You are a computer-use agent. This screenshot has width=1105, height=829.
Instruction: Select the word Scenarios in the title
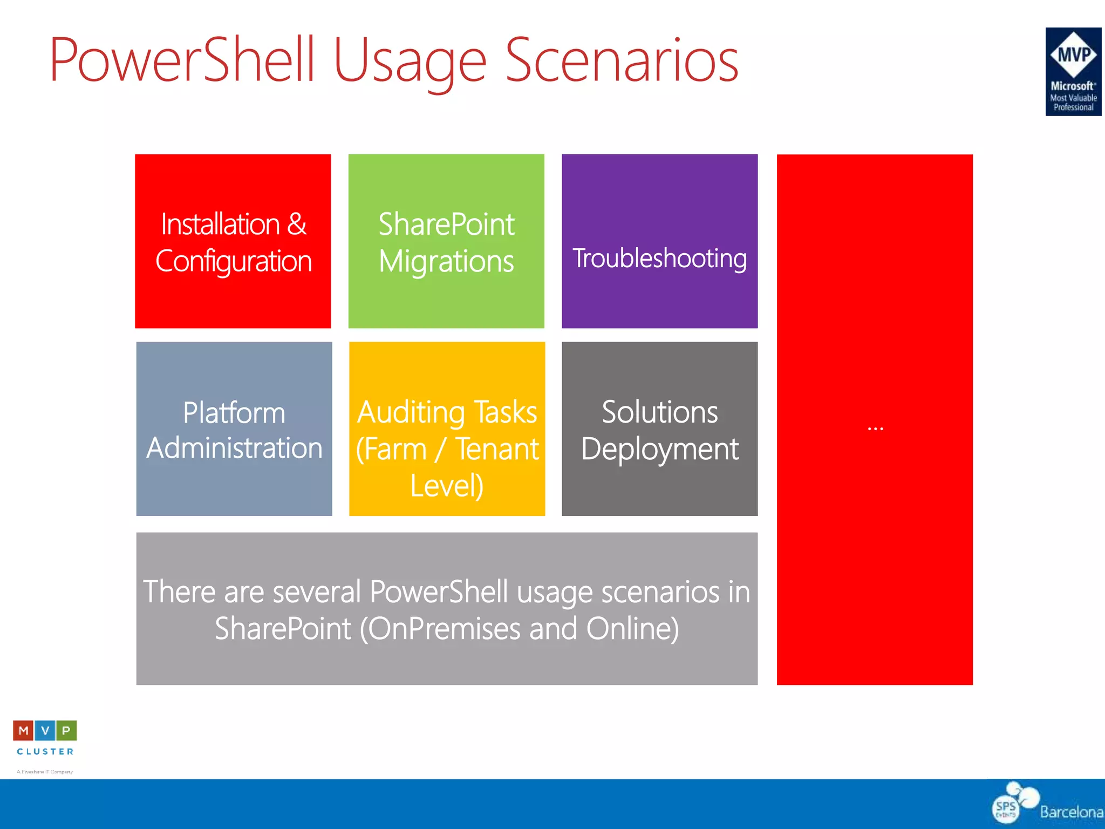622,60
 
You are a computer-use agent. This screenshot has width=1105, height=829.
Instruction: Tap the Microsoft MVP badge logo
1073,71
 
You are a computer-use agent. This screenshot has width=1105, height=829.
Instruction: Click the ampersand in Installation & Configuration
297,224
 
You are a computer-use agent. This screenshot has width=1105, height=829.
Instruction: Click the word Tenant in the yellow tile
497,449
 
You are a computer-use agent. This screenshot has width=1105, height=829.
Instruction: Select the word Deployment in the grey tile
659,449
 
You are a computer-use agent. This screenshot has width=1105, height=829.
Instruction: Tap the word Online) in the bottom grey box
632,629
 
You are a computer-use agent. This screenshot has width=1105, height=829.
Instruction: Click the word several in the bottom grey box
317,592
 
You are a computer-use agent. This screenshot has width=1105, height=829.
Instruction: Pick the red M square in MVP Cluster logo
23,731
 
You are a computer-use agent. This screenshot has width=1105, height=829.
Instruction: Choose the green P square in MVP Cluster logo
66,731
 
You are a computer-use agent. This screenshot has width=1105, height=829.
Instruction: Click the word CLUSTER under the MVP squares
45,751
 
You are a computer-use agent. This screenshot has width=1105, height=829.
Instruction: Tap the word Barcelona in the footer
1071,812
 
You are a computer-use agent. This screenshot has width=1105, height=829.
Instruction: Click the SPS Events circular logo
1007,808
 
